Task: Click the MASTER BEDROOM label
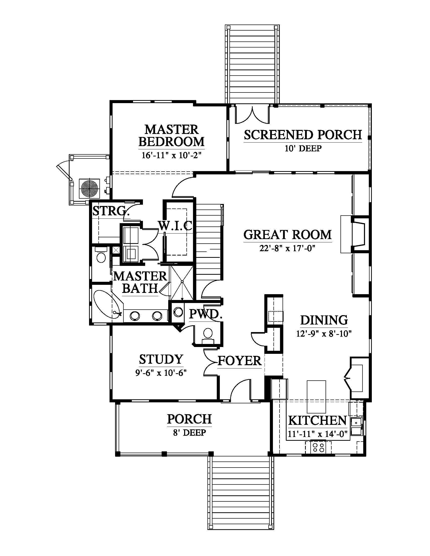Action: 171,135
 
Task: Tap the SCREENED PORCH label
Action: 303,135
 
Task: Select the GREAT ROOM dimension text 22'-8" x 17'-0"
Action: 288,248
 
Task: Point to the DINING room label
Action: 324,320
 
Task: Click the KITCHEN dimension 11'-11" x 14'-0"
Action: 318,433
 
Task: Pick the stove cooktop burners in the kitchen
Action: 318,448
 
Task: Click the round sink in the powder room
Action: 178,312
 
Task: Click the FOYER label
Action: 240,361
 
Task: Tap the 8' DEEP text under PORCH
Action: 189,432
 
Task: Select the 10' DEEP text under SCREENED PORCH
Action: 303,148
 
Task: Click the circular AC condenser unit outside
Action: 89,188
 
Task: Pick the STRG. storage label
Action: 110,211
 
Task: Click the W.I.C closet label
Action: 175,225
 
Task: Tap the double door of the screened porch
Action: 252,114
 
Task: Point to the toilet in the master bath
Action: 101,256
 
